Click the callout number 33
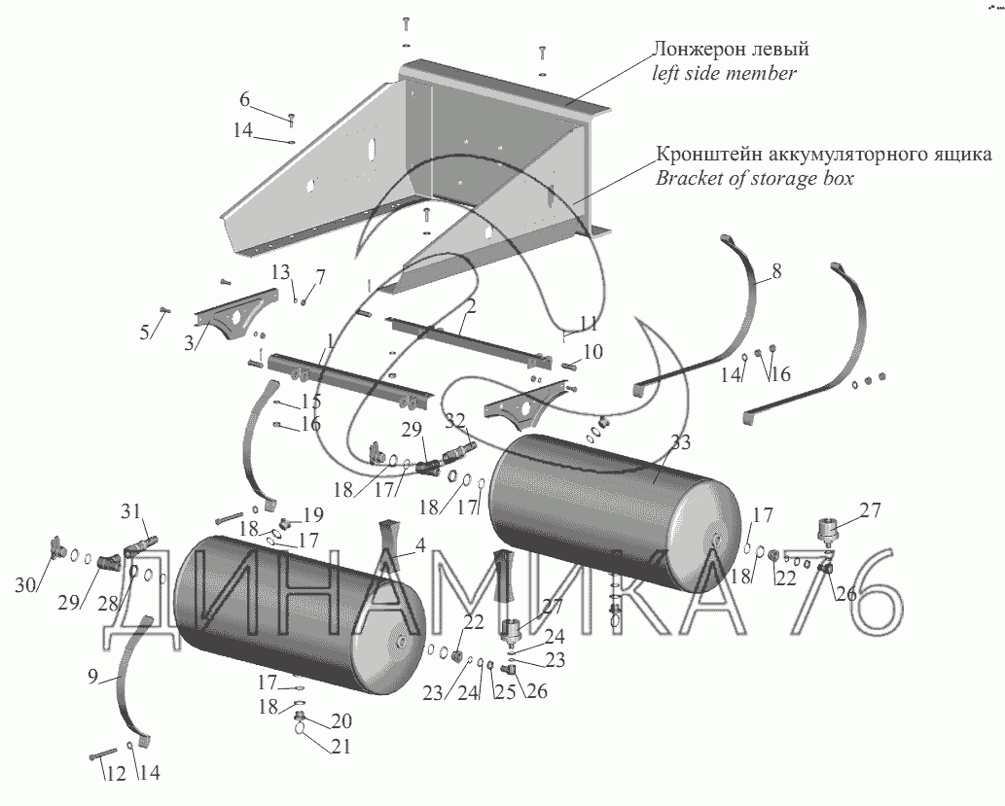point(680,442)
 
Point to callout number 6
point(245,98)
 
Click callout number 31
point(131,511)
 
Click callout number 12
point(115,774)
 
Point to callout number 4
point(420,546)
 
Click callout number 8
point(776,271)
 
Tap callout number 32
point(455,421)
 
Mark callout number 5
point(145,332)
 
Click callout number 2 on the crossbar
point(470,306)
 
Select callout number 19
point(312,513)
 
